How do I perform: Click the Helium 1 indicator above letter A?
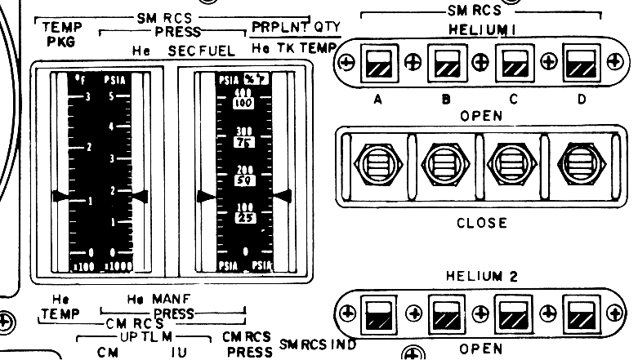pyautogui.click(x=377, y=63)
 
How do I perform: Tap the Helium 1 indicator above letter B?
pyautogui.click(x=445, y=63)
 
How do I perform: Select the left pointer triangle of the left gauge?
pyautogui.click(x=60, y=196)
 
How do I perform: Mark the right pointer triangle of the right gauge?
pyautogui.click(x=283, y=194)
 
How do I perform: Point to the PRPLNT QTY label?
pyautogui.click(x=296, y=26)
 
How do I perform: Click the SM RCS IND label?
pyautogui.click(x=318, y=344)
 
